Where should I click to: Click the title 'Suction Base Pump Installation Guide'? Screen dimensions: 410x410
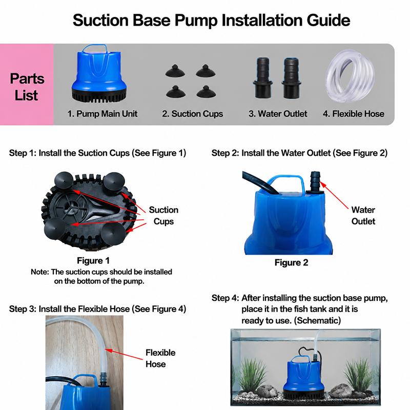(x=211, y=20)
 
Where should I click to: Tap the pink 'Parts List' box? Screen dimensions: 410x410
(x=27, y=85)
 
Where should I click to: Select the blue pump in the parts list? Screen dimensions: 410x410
(x=99, y=73)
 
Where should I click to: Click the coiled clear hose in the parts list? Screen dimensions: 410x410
(x=350, y=76)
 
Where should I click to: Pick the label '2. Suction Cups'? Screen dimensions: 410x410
(x=193, y=114)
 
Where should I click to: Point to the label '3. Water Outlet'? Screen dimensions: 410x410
(x=278, y=114)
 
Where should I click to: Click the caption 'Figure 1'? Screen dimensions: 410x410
(x=93, y=260)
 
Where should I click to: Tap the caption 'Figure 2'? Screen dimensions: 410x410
(x=291, y=262)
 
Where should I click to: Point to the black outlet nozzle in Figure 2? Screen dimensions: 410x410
(x=315, y=182)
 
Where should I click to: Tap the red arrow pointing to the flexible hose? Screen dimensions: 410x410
(x=124, y=354)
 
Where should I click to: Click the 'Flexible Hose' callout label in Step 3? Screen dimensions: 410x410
(x=160, y=358)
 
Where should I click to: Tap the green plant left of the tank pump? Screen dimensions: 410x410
(x=251, y=377)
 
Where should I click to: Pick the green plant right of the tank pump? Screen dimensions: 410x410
(x=359, y=377)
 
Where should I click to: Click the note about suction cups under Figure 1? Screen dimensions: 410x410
(x=101, y=276)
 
